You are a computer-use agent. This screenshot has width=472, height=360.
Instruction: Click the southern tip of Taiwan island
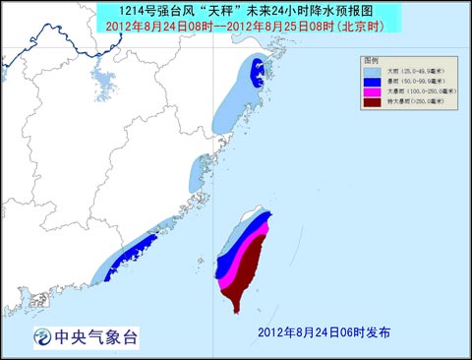tap(236, 311)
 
